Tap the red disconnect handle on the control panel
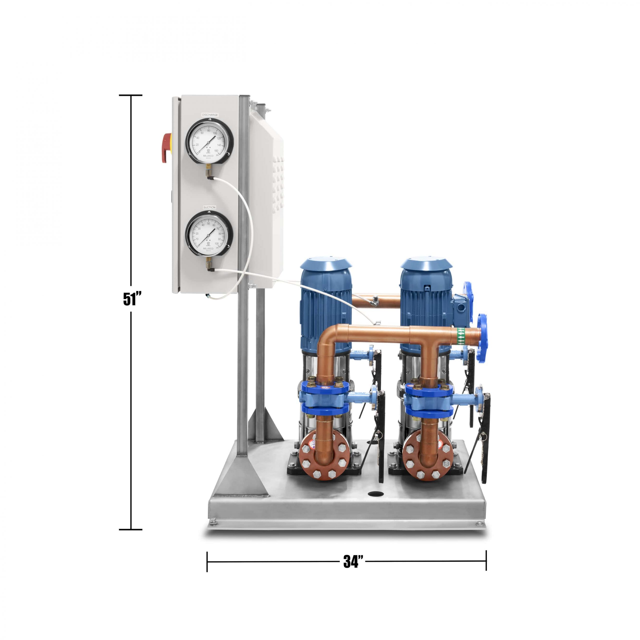166,148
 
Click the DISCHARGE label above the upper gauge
210,114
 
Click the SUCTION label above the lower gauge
209,207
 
